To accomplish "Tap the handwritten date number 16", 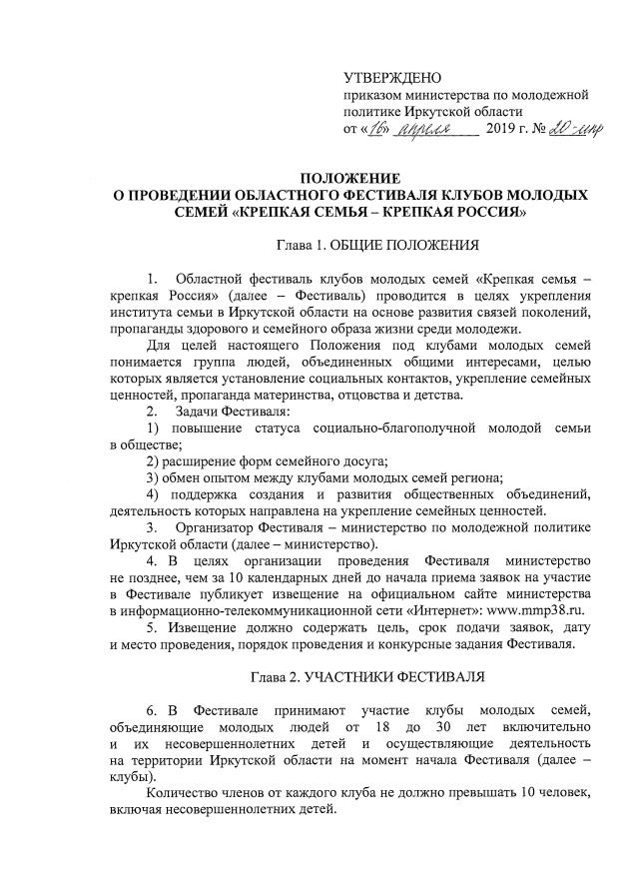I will [x=378, y=129].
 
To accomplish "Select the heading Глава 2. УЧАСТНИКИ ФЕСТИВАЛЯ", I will [x=365, y=678].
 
